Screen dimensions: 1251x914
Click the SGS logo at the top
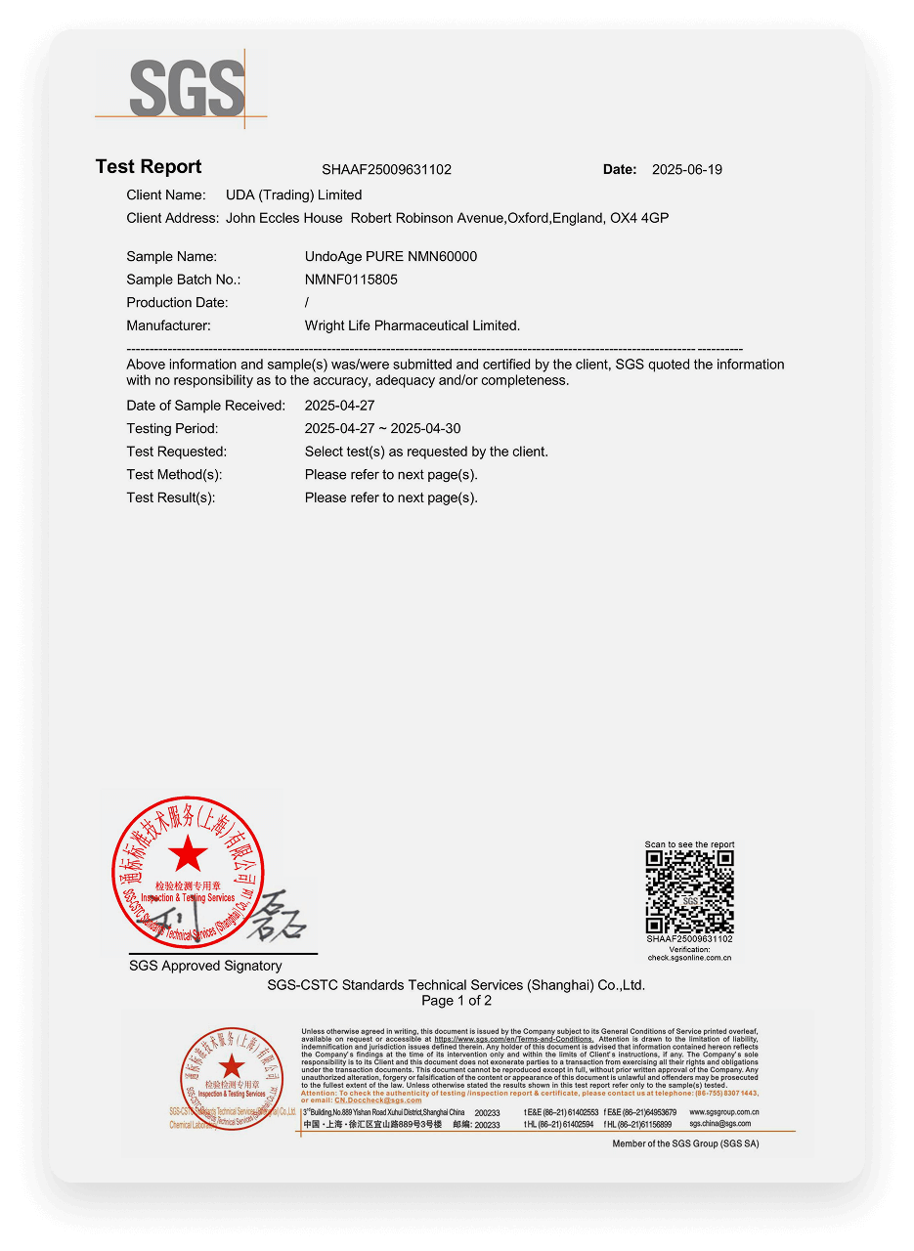(186, 88)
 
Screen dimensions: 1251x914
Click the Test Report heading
(149, 167)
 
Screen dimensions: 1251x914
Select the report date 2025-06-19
(686, 169)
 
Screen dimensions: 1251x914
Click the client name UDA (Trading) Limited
(293, 194)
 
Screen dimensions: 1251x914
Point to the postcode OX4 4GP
(639, 218)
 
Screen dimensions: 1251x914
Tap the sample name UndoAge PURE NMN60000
(391, 256)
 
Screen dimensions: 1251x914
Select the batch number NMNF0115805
(351, 280)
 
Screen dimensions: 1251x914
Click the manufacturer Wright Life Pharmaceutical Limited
(413, 325)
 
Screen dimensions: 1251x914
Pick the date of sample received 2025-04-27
(339, 405)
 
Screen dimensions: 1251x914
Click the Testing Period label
(172, 428)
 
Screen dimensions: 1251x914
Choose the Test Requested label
(176, 452)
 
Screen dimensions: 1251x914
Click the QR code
(689, 891)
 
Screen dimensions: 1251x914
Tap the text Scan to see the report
(689, 844)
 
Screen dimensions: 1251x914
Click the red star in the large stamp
(188, 856)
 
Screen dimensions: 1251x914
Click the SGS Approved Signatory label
(205, 966)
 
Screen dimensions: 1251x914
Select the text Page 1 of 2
(457, 1001)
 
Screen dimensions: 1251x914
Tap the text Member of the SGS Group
(685, 1143)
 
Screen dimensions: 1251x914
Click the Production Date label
(177, 303)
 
